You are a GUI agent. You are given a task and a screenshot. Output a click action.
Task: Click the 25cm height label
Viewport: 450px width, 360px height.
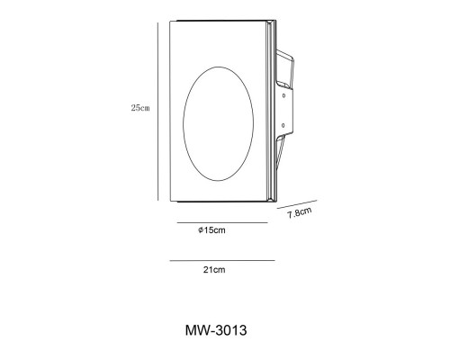click(140, 108)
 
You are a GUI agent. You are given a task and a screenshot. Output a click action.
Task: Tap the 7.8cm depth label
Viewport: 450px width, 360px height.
click(300, 212)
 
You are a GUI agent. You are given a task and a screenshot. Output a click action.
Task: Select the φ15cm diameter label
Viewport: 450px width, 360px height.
click(211, 230)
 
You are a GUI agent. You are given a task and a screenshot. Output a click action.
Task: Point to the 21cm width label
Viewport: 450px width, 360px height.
click(214, 270)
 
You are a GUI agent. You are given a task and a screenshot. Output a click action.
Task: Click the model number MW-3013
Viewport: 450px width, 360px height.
click(216, 330)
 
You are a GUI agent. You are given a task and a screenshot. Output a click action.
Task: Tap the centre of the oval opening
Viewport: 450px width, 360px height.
click(218, 123)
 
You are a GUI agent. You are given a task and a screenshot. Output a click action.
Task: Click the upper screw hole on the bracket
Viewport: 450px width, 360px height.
click(283, 95)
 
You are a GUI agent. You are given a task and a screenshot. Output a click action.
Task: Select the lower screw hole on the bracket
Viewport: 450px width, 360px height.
click(283, 126)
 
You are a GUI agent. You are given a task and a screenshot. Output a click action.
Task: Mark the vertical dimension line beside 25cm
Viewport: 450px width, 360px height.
click(157, 112)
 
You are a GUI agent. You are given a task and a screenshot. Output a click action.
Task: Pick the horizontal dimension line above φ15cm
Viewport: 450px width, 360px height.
click(222, 223)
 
